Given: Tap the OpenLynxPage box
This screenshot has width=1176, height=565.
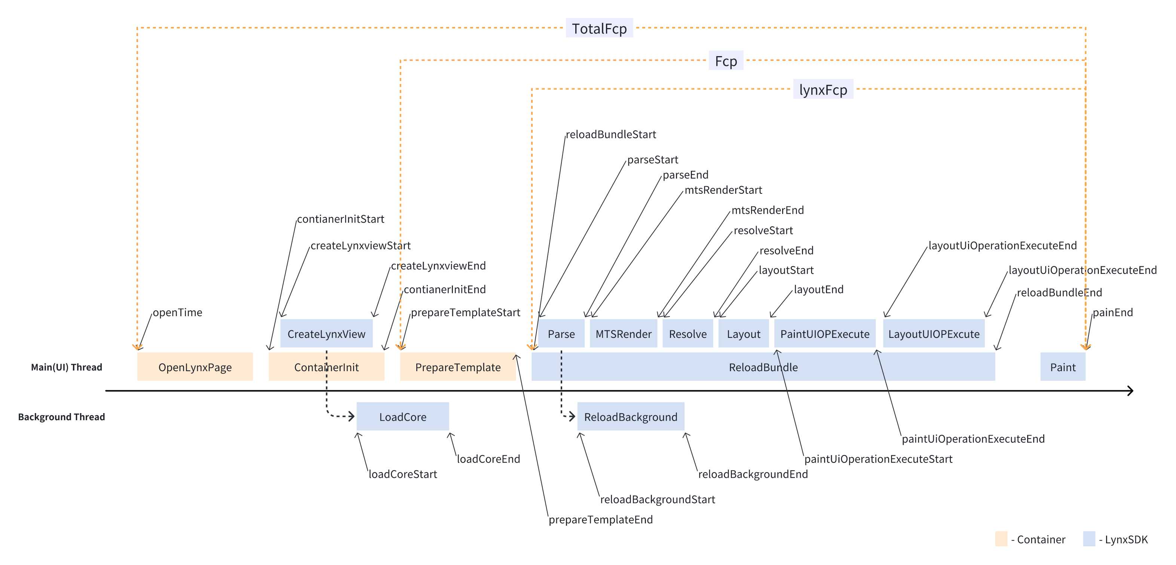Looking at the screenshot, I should pyautogui.click(x=195, y=367).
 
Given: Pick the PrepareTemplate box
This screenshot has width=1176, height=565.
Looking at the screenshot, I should pyautogui.click(x=457, y=367).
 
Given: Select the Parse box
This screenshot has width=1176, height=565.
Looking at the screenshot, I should pyautogui.click(x=561, y=334).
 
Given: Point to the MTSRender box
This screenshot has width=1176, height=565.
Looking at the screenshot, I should pyautogui.click(x=623, y=334).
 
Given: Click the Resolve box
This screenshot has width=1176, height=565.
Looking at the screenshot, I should pyautogui.click(x=687, y=334).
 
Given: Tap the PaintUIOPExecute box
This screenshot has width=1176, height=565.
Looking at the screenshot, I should pyautogui.click(x=824, y=334).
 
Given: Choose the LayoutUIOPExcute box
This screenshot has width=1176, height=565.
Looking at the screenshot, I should pyautogui.click(x=934, y=334).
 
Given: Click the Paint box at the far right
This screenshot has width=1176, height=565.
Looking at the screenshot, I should pyautogui.click(x=1062, y=367).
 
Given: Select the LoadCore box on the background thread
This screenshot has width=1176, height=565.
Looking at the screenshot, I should pyautogui.click(x=402, y=416).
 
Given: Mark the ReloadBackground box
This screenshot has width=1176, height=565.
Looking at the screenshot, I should pyautogui.click(x=631, y=416).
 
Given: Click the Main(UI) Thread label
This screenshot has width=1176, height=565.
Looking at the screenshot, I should pyautogui.click(x=67, y=367).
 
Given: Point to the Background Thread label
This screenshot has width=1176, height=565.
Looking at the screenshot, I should pyautogui.click(x=62, y=416).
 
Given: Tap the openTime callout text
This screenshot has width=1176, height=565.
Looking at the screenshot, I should pyautogui.click(x=177, y=312).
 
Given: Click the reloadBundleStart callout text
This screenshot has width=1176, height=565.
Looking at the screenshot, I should pyautogui.click(x=611, y=134).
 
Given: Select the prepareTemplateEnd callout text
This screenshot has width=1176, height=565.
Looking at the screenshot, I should pyautogui.click(x=600, y=519).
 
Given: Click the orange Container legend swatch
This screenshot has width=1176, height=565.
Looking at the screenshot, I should pyautogui.click(x=1001, y=538).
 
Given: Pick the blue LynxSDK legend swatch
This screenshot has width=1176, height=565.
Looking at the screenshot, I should pyautogui.click(x=1089, y=538).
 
